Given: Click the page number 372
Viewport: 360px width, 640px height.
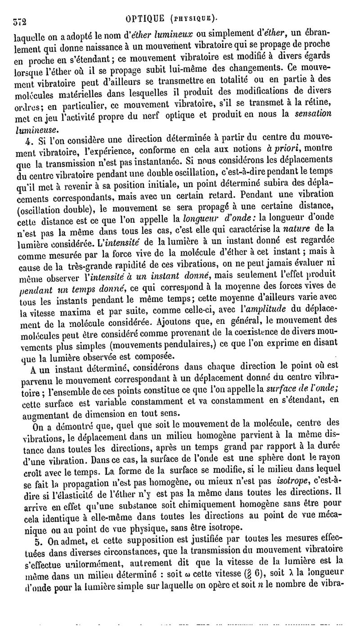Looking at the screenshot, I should click(20, 20).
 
